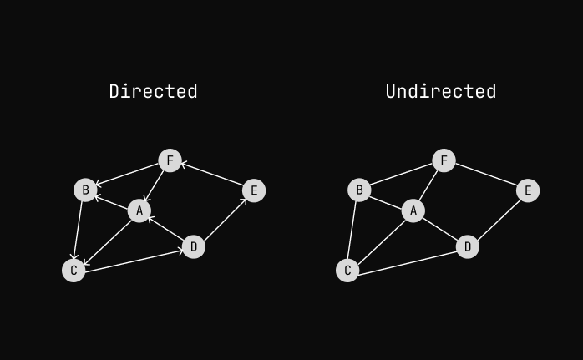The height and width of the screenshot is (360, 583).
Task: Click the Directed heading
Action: point(153,91)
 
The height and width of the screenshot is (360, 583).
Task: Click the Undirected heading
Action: point(441,91)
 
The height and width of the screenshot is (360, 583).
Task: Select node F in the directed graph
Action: point(170,160)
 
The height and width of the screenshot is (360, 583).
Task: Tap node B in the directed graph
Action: point(85,190)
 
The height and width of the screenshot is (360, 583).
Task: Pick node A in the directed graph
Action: point(139,211)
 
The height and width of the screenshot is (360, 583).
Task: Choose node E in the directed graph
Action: point(254,190)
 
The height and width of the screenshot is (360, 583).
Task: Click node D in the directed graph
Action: point(194,247)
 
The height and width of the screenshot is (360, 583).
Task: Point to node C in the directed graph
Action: point(74,271)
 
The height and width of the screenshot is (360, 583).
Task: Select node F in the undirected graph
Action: point(444,160)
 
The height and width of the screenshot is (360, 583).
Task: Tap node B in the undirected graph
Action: point(359,190)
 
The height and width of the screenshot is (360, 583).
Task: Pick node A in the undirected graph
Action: point(413,211)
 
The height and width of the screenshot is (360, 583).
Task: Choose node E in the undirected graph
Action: point(528,190)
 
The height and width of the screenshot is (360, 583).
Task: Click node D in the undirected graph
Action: point(468,247)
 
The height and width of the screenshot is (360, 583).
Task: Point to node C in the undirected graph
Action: point(347,271)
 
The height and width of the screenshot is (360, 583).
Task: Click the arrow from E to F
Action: point(212,175)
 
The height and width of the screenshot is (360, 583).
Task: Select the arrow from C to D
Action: point(134,259)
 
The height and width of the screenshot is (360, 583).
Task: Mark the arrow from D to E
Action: point(224,219)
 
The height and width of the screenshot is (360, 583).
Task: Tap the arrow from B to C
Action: point(79,231)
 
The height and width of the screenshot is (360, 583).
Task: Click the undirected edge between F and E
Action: point(486,175)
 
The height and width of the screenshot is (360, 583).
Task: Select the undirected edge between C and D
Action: point(408,259)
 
